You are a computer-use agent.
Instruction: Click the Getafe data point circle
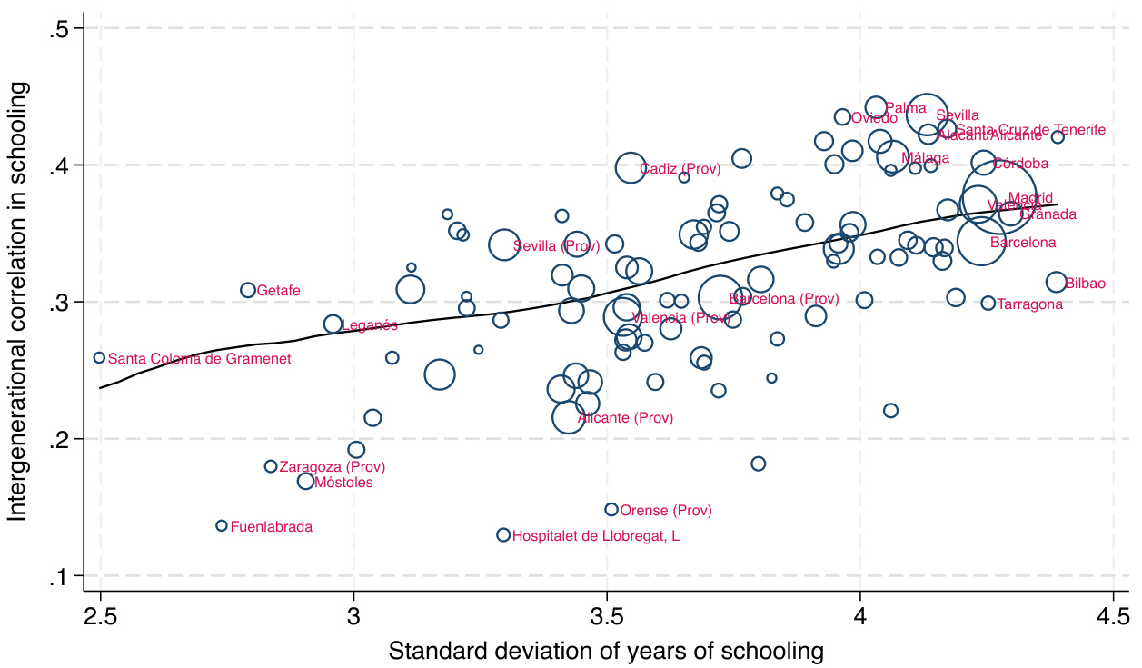248,290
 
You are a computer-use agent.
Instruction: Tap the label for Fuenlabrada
272,527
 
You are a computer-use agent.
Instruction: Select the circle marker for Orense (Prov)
611,510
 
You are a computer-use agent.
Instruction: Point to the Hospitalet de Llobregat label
596,536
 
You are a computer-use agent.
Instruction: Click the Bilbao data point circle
1056,283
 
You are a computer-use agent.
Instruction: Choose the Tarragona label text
1029,304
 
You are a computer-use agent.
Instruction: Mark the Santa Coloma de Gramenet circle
99,358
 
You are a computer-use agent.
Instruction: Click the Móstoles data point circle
306,482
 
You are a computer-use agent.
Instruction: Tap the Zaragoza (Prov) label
332,467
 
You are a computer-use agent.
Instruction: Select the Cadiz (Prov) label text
680,169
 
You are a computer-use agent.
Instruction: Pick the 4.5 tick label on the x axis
1114,617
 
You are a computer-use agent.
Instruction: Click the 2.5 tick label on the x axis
101,617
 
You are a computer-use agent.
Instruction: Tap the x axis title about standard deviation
606,651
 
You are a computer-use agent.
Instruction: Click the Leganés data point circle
333,324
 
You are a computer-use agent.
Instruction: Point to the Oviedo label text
874,117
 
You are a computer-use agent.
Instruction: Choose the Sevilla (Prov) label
556,246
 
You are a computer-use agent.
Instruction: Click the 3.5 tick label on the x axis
608,617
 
